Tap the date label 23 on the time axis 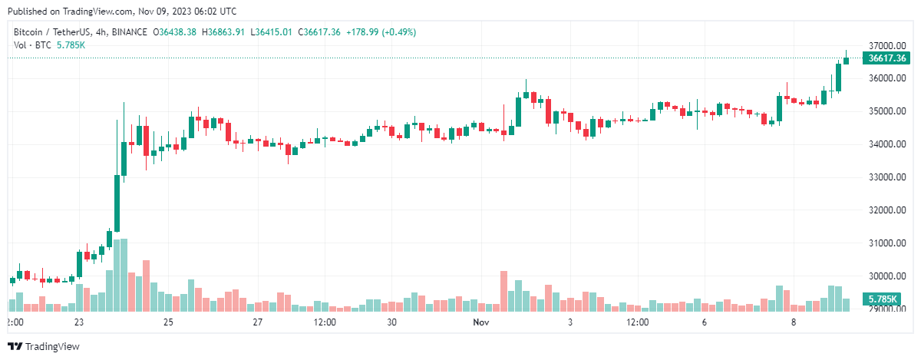tap(78, 323)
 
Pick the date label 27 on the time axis tap(258, 323)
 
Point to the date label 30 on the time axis tap(391, 323)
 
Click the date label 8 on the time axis tap(794, 323)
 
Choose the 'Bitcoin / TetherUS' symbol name tap(48, 32)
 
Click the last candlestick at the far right tap(846, 59)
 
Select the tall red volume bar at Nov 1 tap(504, 291)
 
